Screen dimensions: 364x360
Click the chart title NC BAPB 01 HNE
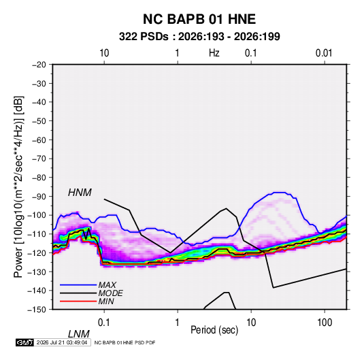point(199,19)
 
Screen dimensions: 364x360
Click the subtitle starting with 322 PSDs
point(199,37)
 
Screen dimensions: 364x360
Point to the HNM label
point(80,193)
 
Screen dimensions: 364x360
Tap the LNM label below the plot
point(78,334)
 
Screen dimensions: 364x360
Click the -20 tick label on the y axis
point(39,65)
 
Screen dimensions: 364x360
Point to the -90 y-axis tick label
point(39,197)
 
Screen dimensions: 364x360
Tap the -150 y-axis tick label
point(37,310)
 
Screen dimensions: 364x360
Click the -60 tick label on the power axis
point(39,140)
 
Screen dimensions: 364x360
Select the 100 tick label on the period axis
point(325,323)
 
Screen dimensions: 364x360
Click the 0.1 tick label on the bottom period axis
point(104,323)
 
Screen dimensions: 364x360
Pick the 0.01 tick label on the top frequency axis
point(324,53)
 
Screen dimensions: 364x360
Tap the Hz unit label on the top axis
point(214,53)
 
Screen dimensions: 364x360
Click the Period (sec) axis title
point(214,330)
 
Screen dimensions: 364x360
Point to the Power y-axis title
point(18,187)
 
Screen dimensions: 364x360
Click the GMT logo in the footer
point(24,342)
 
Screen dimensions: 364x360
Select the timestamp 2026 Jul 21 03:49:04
point(62,342)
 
